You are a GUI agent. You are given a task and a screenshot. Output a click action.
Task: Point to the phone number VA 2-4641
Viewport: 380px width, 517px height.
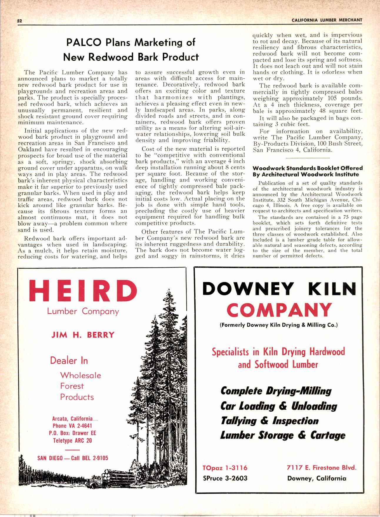pyautogui.click(x=81, y=426)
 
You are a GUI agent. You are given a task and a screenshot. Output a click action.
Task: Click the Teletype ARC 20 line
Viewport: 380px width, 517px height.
pyautogui.click(x=73, y=440)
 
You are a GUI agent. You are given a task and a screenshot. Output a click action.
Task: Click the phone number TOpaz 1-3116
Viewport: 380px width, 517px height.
pyautogui.click(x=225, y=468)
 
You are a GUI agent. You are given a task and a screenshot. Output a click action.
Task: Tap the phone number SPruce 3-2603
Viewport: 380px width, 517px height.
pyautogui.click(x=225, y=478)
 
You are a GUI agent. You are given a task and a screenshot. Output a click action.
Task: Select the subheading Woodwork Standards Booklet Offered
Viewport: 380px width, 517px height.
pyautogui.click(x=308, y=168)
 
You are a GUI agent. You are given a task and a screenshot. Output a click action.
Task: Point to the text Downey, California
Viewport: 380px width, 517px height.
pyautogui.click(x=317, y=478)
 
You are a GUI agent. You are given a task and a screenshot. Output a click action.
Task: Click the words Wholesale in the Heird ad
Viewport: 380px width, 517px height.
pyautogui.click(x=80, y=375)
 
